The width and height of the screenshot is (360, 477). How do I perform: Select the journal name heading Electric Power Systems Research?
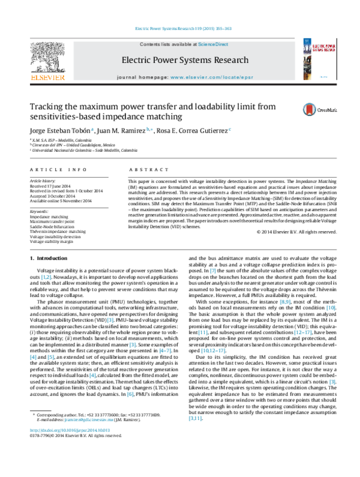[x=185, y=60]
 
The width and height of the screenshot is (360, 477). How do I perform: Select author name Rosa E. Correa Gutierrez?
[x=193, y=130]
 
